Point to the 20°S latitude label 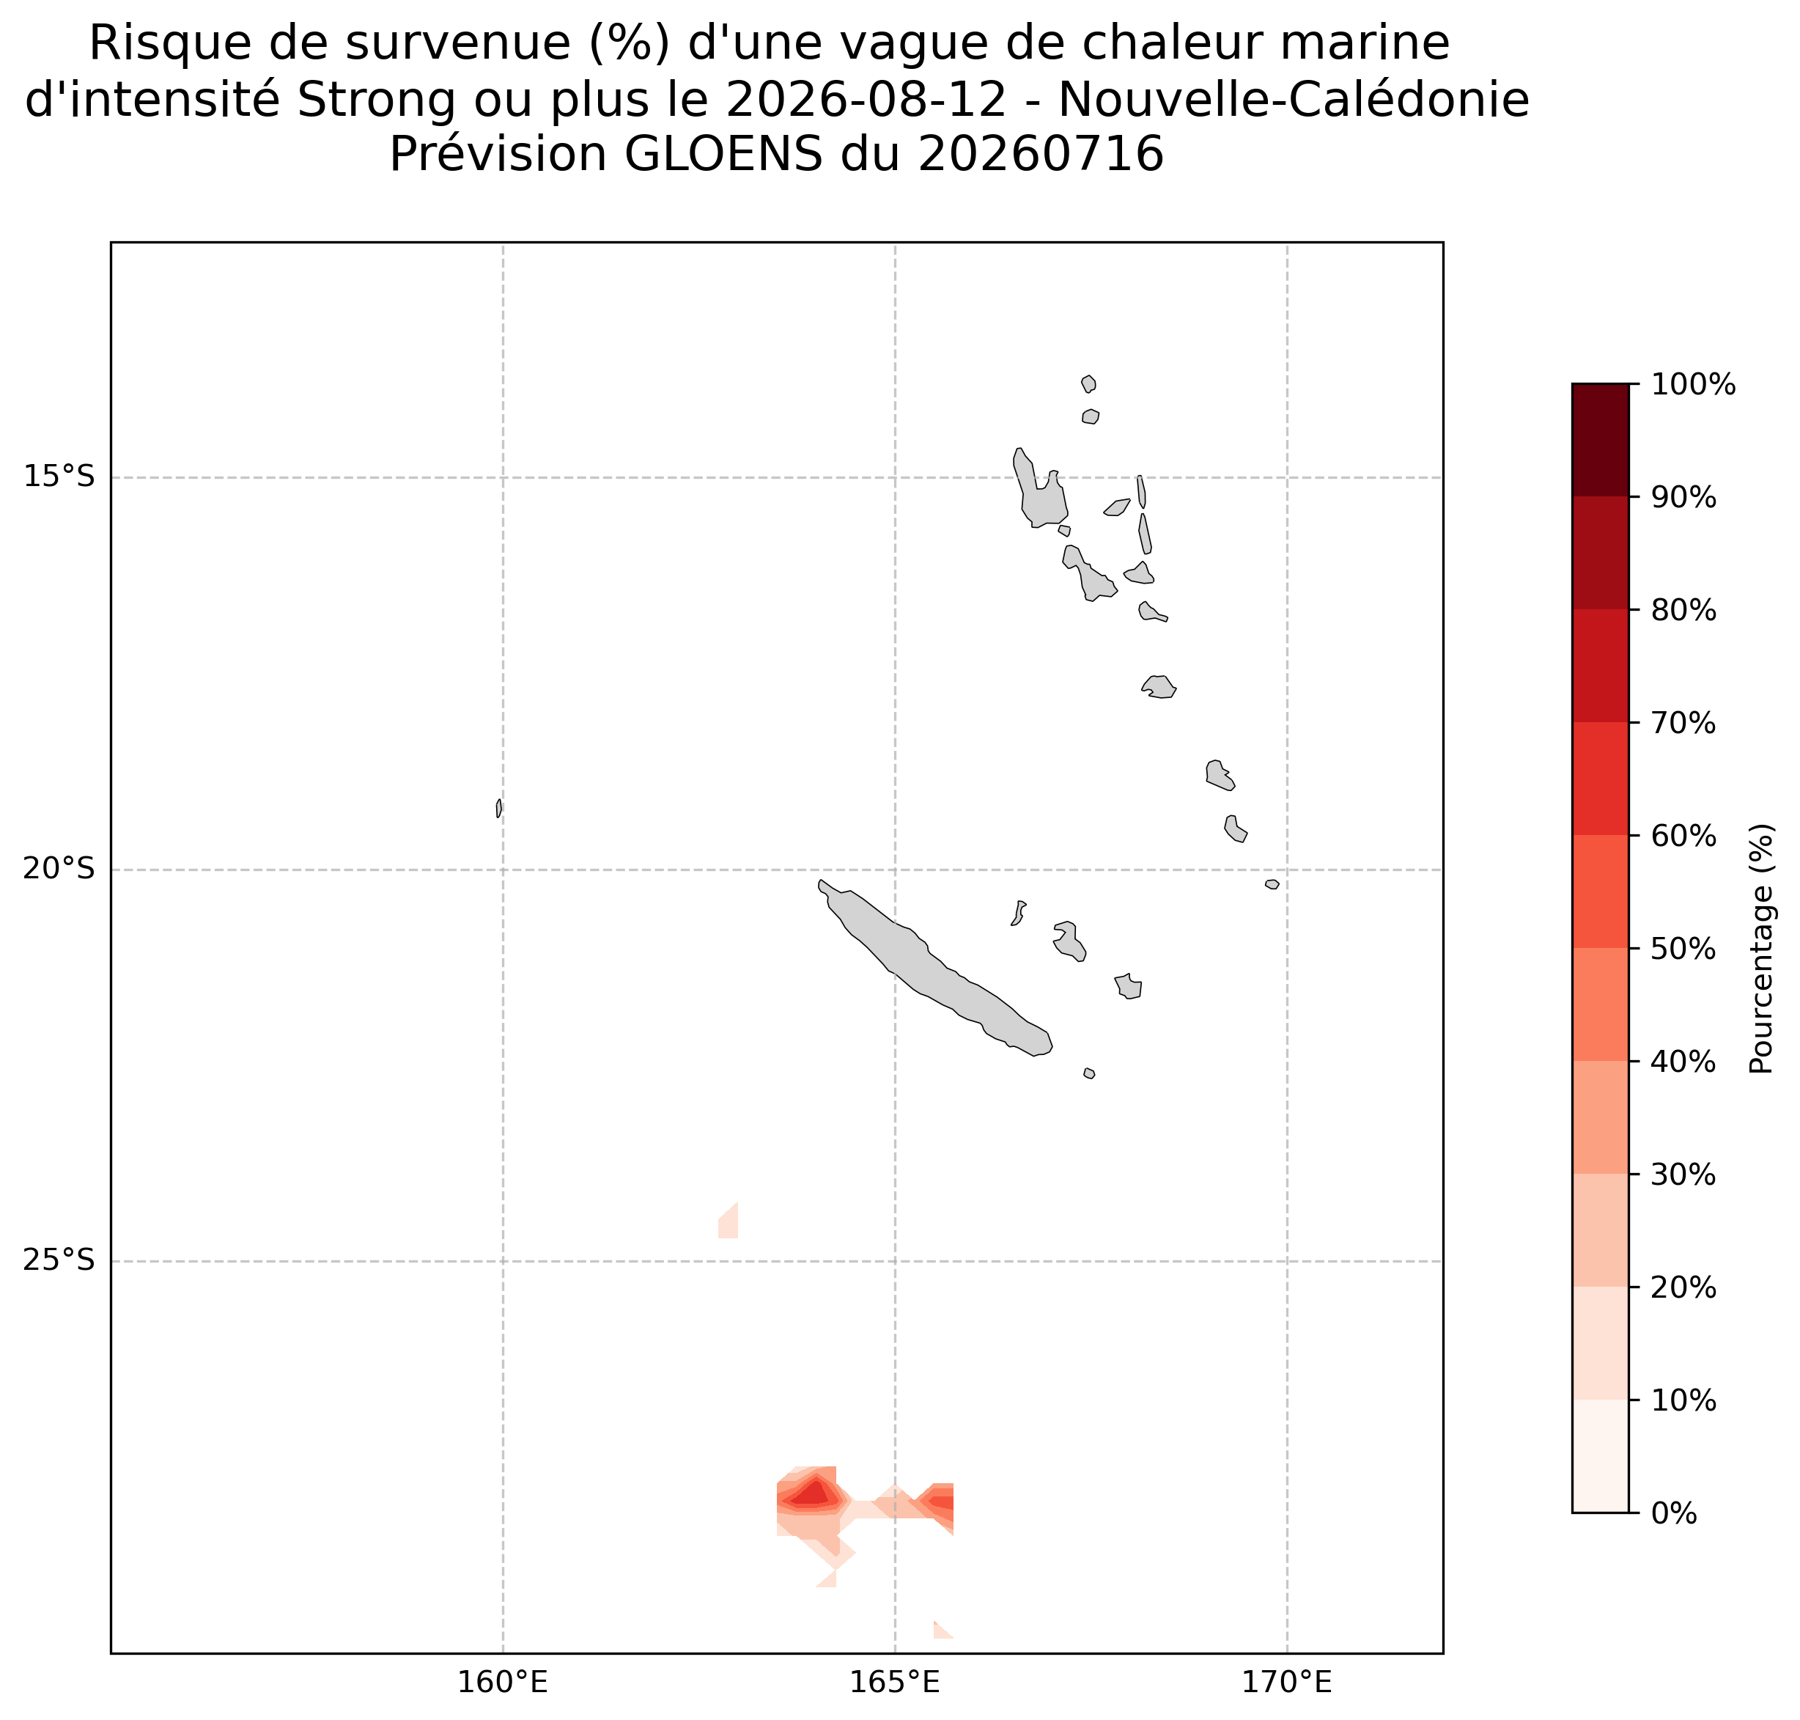(59, 870)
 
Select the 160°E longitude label (502, 1683)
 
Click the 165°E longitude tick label (894, 1683)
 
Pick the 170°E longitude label (1287, 1683)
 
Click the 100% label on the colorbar (1693, 384)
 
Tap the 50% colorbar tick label (1683, 949)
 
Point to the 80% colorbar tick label (1683, 611)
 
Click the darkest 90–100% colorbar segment (1600, 440)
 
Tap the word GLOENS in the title (723, 154)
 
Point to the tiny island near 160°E (498, 808)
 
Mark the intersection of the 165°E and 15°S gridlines (894, 477)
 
